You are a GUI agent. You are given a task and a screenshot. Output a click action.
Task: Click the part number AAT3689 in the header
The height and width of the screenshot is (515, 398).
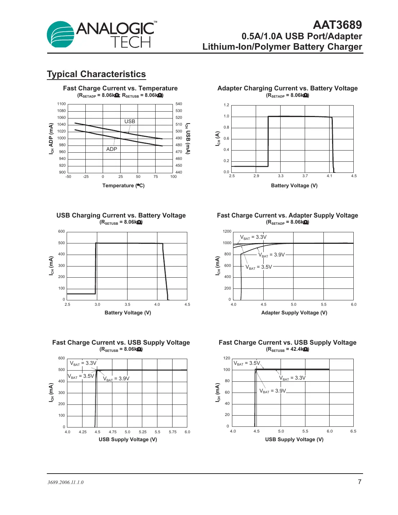pyautogui.click(x=337, y=25)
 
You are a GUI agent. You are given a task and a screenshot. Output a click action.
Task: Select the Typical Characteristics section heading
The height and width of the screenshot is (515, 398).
pyautogui.click(x=96, y=74)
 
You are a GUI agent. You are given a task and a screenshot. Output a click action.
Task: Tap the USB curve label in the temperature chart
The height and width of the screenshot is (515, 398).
pyautogui.click(x=130, y=121)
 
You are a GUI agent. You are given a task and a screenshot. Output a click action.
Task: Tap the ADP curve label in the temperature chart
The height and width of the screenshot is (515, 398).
pyautogui.click(x=112, y=149)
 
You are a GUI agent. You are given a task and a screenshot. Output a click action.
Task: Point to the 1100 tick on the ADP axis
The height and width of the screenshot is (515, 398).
pyautogui.click(x=62, y=104)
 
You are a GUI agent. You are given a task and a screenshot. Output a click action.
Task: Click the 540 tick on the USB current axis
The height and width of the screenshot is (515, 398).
pyautogui.click(x=179, y=104)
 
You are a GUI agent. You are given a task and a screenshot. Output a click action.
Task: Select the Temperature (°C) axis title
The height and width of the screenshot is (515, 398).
pyautogui.click(x=123, y=185)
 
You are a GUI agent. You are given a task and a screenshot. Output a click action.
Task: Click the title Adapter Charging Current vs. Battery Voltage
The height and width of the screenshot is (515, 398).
pyautogui.click(x=287, y=88)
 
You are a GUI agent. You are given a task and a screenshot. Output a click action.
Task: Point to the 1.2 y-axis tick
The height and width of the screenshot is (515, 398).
pyautogui.click(x=226, y=105)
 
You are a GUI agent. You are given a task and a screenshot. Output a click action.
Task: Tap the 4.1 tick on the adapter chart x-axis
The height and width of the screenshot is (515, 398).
pyautogui.click(x=330, y=176)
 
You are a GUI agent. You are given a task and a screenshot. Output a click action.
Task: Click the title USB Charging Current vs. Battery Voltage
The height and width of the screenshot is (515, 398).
pyautogui.click(x=121, y=215)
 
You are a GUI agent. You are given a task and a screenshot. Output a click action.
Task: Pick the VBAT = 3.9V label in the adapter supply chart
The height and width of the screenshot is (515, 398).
pyautogui.click(x=272, y=255)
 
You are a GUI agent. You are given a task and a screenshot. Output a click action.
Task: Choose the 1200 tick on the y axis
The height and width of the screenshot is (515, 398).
pyautogui.click(x=227, y=232)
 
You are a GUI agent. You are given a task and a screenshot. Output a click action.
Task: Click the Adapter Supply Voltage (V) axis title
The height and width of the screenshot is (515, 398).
pyautogui.click(x=294, y=313)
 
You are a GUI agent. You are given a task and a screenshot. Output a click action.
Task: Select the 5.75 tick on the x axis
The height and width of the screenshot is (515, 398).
pyautogui.click(x=173, y=432)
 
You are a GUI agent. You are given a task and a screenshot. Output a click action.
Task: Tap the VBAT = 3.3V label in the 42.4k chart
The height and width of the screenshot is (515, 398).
pyautogui.click(x=292, y=378)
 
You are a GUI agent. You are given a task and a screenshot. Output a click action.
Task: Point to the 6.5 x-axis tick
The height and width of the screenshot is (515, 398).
pyautogui.click(x=353, y=431)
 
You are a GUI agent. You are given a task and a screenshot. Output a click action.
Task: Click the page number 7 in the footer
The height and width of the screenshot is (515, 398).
pyautogui.click(x=359, y=482)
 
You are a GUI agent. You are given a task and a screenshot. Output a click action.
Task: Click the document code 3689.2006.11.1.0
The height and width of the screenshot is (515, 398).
pyautogui.click(x=66, y=482)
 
